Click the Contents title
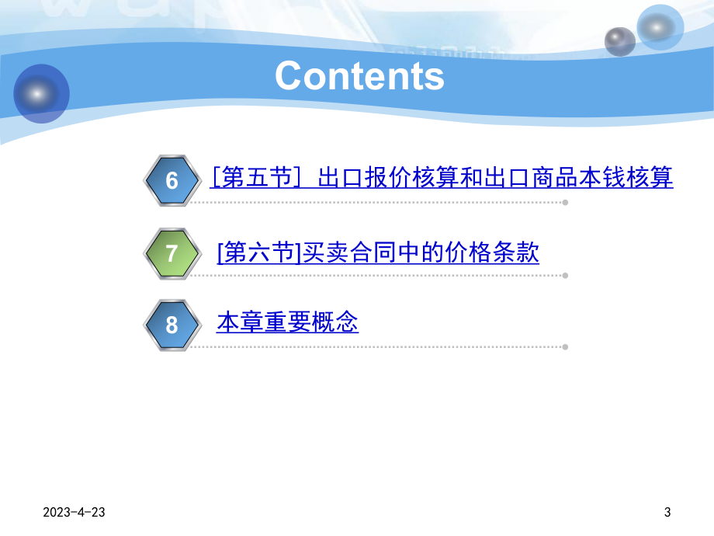coord(359,76)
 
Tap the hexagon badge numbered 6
coord(172,180)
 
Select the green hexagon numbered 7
coord(172,253)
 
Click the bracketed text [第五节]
coord(255,179)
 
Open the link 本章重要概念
coord(287,322)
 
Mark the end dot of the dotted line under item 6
coord(565,203)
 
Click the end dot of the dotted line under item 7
coord(565,275)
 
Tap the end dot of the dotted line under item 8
coord(565,346)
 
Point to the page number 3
coord(667,513)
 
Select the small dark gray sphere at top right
coord(619,41)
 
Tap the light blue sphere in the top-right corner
coord(660,27)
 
